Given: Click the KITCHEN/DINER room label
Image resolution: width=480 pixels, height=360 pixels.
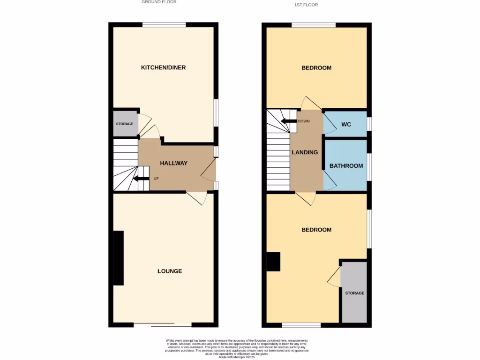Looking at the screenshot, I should (x=163, y=67).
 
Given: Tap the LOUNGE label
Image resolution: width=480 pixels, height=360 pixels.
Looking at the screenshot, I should (x=170, y=271).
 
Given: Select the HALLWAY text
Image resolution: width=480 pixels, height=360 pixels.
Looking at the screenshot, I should (x=173, y=163).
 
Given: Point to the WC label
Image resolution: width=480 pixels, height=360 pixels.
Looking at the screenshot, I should (x=346, y=124).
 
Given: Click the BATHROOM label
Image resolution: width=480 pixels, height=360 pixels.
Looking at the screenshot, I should (x=346, y=165).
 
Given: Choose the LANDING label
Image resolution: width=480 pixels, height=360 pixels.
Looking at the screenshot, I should (x=305, y=152).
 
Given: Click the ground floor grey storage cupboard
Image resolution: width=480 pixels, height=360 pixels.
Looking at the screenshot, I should (x=125, y=124).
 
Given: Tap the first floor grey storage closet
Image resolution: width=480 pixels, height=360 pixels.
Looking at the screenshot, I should (x=354, y=292).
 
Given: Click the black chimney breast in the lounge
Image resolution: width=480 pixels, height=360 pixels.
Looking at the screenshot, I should (x=119, y=258).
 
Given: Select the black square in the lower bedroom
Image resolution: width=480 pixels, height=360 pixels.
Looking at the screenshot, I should (x=273, y=262).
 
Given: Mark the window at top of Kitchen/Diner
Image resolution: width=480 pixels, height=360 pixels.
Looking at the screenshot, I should (x=164, y=25).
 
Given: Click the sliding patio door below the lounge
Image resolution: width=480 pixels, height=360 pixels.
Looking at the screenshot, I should (x=163, y=325).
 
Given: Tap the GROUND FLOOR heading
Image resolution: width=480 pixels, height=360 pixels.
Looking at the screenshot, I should (x=159, y=2).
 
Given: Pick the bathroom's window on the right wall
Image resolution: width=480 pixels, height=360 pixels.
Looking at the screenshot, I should (x=369, y=166).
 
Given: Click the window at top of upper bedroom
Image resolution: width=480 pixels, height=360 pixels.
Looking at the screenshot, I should (x=314, y=25).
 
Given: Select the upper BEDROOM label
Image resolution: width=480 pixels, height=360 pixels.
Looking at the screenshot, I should (x=316, y=68).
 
